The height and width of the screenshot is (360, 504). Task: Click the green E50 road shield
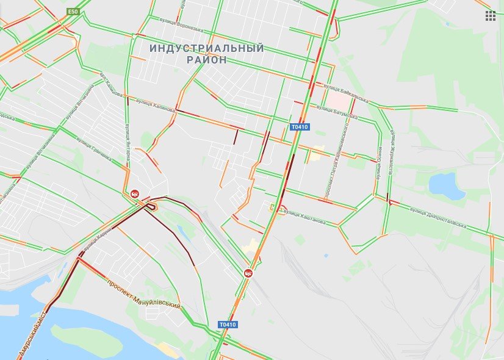click(73, 11)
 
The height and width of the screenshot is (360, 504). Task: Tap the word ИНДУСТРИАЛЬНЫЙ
click(207, 48)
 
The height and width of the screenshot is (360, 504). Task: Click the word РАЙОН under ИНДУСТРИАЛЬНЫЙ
click(206, 60)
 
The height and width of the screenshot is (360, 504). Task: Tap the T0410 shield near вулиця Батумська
click(300, 127)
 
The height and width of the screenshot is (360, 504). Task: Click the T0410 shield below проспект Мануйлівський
click(228, 324)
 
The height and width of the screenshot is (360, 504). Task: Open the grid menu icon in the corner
click(491, 16)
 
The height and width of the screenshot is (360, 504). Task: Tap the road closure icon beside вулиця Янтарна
click(135, 193)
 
